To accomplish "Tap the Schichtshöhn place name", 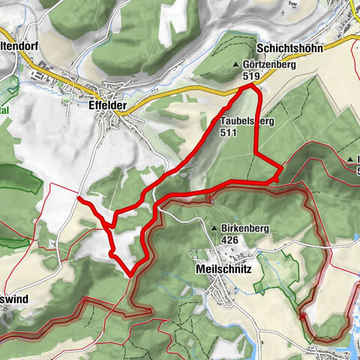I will click(289, 48).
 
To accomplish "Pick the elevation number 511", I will click(229, 131).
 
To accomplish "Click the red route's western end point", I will click(79, 199).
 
